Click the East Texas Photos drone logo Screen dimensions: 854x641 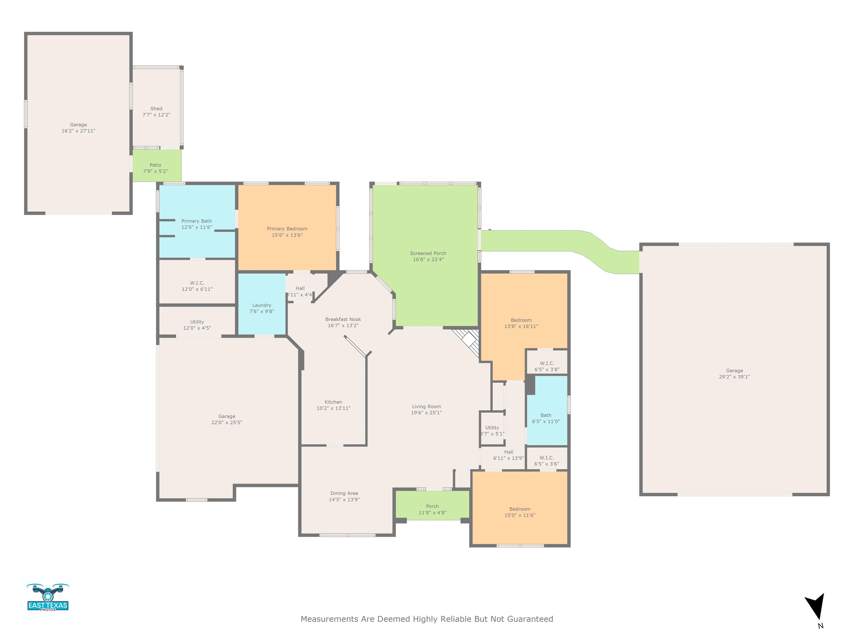48,597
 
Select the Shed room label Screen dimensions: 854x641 156,109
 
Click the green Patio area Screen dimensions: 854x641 157,165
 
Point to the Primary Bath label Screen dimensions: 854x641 197,221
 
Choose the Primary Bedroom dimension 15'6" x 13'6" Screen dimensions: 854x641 287,235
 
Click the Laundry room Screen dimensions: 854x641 262,304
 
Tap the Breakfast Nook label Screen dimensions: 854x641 343,319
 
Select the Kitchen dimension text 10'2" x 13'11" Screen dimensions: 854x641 334,408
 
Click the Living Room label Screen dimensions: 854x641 426,406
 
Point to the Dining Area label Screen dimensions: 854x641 344,493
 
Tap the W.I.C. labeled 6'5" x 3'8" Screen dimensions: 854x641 547,362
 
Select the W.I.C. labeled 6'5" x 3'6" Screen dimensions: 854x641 547,458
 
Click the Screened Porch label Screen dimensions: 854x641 428,253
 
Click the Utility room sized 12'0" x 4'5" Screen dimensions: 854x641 197,321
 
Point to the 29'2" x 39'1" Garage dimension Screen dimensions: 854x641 734,377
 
